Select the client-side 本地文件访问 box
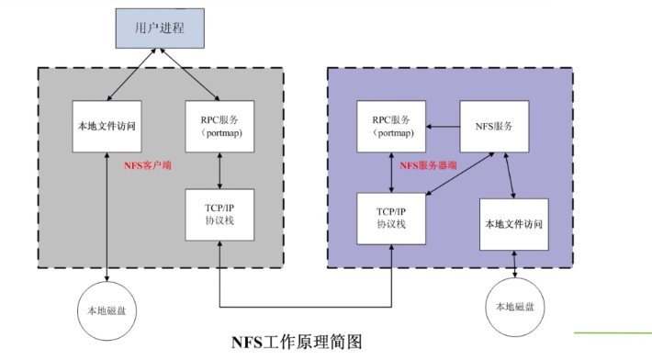pyautogui.click(x=108, y=126)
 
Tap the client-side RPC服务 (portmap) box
pyautogui.click(x=218, y=126)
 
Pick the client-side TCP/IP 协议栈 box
pyautogui.click(x=218, y=215)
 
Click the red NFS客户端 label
pyautogui.click(x=148, y=166)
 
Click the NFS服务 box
pyautogui.click(x=493, y=126)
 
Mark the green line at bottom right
pyautogui.click(x=613, y=332)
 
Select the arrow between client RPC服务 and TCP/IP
pyautogui.click(x=218, y=171)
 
